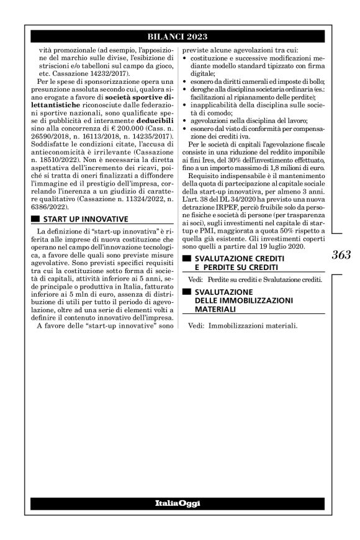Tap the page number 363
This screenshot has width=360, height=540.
(341, 254)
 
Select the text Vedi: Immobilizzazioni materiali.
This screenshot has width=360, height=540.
(243, 325)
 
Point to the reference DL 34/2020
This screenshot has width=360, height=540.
(228, 214)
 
